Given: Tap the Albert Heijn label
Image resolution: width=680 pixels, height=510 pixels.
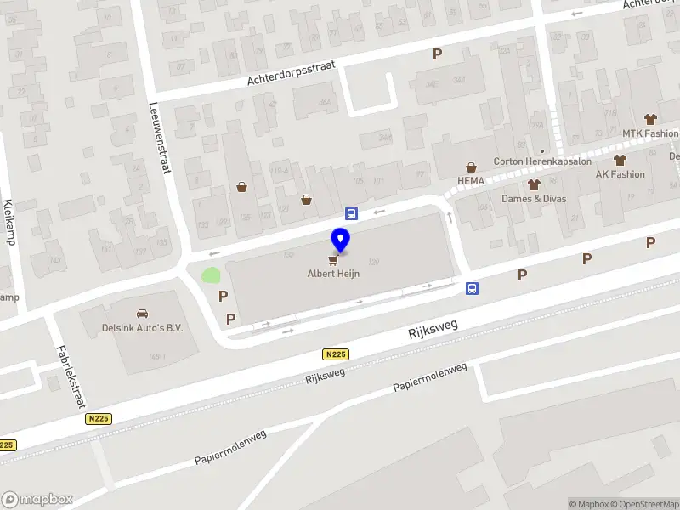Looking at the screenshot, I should pyautogui.click(x=332, y=274).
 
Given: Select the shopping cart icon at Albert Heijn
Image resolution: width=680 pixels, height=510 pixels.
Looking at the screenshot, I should pyautogui.click(x=333, y=259).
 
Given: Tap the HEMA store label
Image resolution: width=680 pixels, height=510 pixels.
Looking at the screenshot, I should pyautogui.click(x=470, y=181).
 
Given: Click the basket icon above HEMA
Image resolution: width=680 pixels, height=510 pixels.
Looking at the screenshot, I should pyautogui.click(x=470, y=167).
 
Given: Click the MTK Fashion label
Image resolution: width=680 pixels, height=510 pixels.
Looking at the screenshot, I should pyautogui.click(x=650, y=133).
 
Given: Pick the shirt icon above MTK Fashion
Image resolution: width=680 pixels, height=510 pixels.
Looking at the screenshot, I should pyautogui.click(x=651, y=119).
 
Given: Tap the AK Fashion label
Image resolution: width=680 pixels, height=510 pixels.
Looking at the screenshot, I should pyautogui.click(x=620, y=174).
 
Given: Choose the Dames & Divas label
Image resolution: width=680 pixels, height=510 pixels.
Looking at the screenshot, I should pyautogui.click(x=534, y=199).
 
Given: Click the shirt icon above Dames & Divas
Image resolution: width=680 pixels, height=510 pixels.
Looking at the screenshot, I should pyautogui.click(x=534, y=184).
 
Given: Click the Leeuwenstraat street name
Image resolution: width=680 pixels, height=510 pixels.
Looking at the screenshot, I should pyautogui.click(x=160, y=137).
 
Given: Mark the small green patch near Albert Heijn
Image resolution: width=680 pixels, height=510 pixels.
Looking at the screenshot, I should pyautogui.click(x=210, y=275).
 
